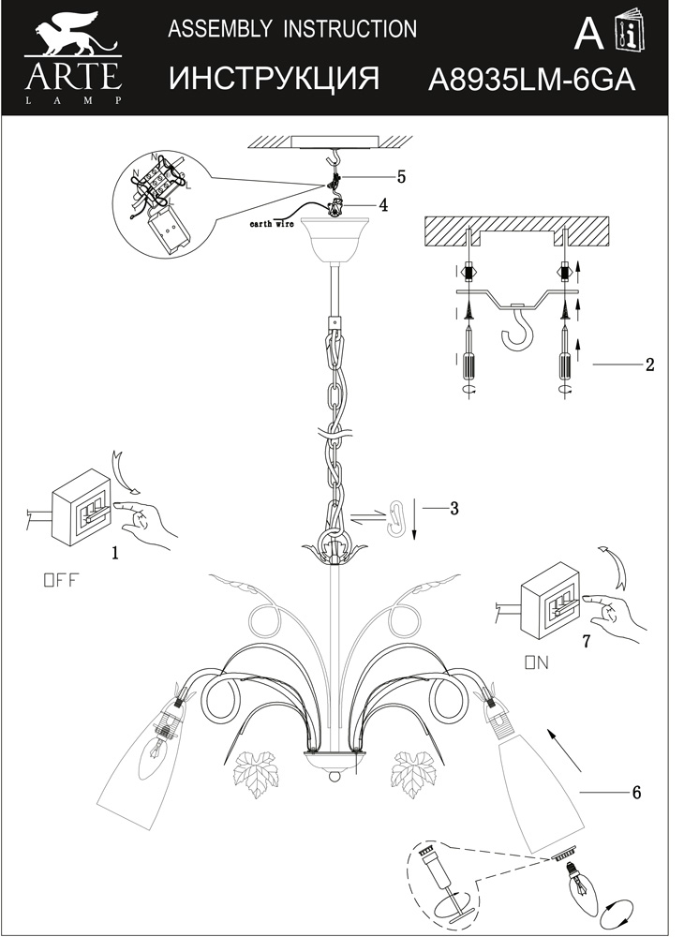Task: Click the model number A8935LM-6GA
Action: (531, 80)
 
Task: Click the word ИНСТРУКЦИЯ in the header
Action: (274, 79)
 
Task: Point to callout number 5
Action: (401, 177)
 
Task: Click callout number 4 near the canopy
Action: (383, 205)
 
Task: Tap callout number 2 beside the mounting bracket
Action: (650, 364)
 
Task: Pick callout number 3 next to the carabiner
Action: (454, 509)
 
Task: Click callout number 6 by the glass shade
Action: (636, 793)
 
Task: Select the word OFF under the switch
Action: (61, 580)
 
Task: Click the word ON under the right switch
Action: (536, 662)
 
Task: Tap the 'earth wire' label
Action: (272, 224)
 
